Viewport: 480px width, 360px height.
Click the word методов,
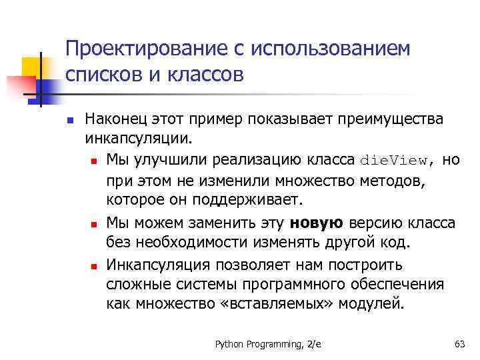(395, 181)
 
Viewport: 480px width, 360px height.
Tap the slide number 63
(459, 343)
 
